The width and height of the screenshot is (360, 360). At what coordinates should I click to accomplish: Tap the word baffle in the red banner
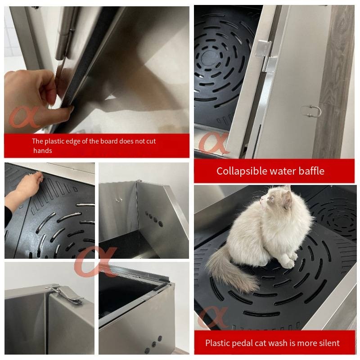(x=311, y=171)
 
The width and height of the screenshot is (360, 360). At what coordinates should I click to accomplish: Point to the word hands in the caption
(x=43, y=151)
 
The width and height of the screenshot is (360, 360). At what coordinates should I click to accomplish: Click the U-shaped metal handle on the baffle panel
(x=311, y=111)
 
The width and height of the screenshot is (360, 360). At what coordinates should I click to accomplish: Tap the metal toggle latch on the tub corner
(x=65, y=294)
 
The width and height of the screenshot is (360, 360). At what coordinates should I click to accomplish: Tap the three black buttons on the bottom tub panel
(x=153, y=344)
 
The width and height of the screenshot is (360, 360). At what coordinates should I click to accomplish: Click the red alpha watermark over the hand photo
(x=24, y=117)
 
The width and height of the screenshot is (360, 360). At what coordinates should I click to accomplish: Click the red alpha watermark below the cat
(x=213, y=317)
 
